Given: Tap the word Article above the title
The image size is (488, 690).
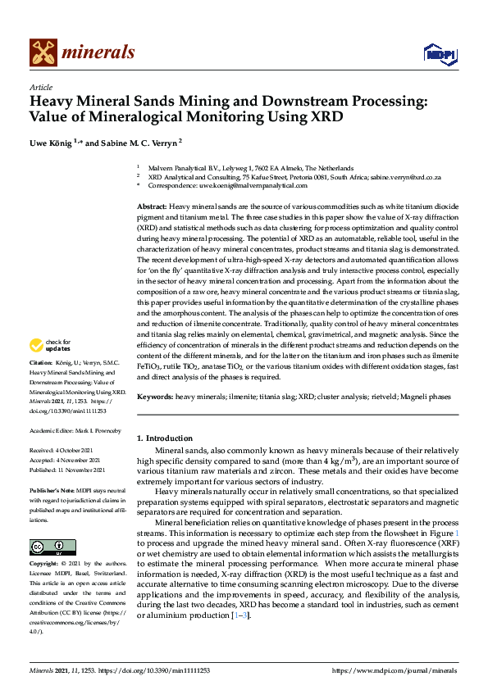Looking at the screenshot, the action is [40, 87].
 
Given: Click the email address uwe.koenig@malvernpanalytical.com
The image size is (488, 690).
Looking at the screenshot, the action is [240, 187].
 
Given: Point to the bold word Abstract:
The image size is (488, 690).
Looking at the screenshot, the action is [152, 206].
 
